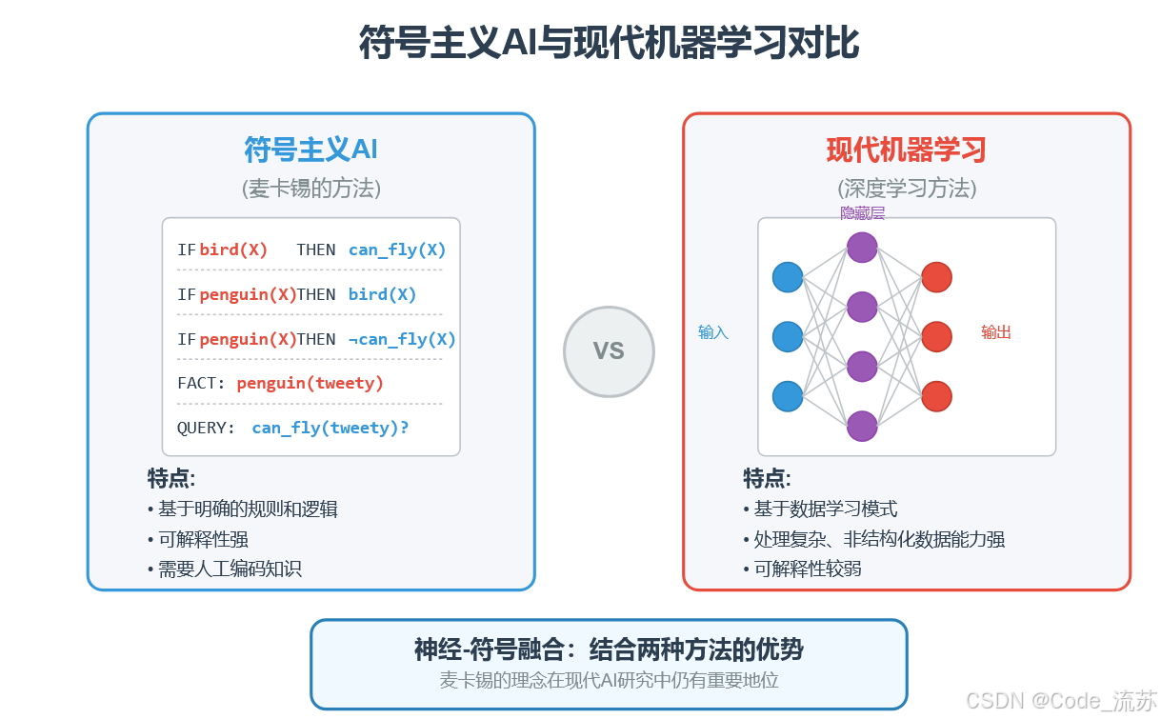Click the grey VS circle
pos(609,351)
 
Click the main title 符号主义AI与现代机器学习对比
pos(609,44)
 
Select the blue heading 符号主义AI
pos(311,150)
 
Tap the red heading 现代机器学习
pos(906,150)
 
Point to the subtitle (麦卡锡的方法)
pos(311,189)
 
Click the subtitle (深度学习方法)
pos(907,189)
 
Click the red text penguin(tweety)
pos(310,384)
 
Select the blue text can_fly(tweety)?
pos(330,429)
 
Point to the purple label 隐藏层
pos(862,213)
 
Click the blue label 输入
pos(712,332)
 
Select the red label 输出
pos(996,332)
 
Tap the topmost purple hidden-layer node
pos(862,248)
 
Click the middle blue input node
pos(788,336)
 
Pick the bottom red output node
pos(936,395)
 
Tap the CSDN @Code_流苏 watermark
pos(1061,700)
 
